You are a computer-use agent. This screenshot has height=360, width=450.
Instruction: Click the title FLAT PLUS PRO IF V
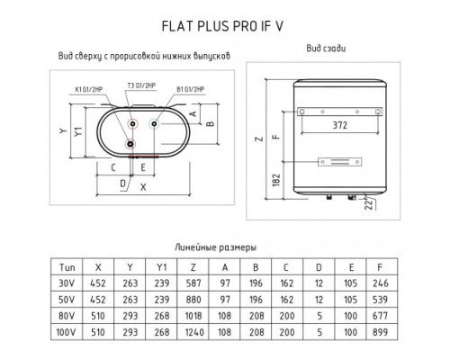pyautogui.click(x=222, y=26)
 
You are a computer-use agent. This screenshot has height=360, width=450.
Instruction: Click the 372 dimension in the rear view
pyautogui.click(x=340, y=125)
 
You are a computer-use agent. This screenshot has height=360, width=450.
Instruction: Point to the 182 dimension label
pyautogui.click(x=276, y=180)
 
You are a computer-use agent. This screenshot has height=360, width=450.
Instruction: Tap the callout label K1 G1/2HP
pyautogui.click(x=89, y=89)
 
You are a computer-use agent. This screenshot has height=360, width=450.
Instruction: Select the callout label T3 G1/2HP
pyautogui.click(x=141, y=85)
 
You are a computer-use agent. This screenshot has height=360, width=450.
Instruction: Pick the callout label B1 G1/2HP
pyautogui.click(x=190, y=89)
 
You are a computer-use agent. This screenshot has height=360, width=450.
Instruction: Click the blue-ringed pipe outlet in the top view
pyautogui.click(x=154, y=123)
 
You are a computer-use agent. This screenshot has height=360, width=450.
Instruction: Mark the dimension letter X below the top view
pyautogui.click(x=143, y=187)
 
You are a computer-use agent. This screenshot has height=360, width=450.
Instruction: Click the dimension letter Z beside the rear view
pyautogui.click(x=259, y=139)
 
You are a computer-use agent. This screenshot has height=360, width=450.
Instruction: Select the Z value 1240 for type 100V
pyautogui.click(x=194, y=332)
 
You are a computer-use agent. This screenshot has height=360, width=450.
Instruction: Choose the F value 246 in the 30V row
pyautogui.click(x=381, y=283)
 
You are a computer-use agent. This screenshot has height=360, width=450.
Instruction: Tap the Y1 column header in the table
pyautogui.click(x=161, y=267)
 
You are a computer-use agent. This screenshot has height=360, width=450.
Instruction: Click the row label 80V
pyautogui.click(x=67, y=316)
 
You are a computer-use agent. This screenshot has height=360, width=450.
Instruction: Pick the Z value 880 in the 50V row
pyautogui.click(x=193, y=300)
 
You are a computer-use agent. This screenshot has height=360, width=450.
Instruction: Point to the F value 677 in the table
pyautogui.click(x=380, y=316)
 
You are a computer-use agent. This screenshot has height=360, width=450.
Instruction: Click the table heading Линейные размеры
pyautogui.click(x=215, y=247)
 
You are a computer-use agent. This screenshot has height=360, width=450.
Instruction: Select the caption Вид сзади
pyautogui.click(x=326, y=49)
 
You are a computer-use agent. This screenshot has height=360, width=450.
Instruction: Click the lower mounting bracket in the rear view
pyautogui.click(x=339, y=162)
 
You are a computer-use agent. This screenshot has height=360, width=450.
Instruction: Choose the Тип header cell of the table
pyautogui.click(x=67, y=267)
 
